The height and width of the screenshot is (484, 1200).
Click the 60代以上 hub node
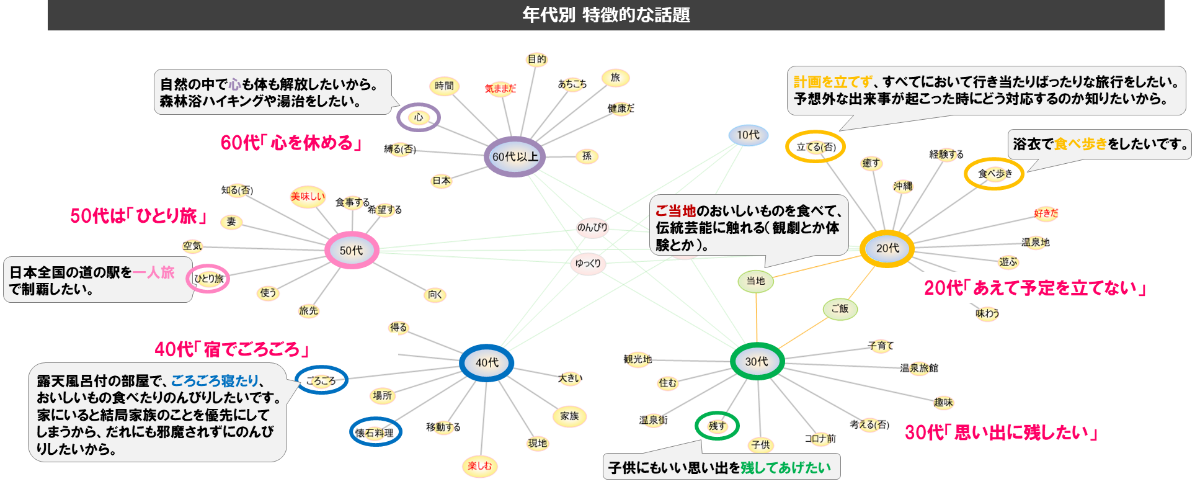tap(515, 157)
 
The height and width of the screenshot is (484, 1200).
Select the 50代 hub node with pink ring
tap(351, 250)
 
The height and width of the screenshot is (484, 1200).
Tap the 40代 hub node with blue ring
tap(487, 362)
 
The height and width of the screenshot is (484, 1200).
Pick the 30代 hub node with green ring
tap(757, 361)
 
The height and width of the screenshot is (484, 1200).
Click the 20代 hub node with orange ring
tap(887, 248)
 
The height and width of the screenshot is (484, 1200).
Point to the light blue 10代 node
tap(748, 135)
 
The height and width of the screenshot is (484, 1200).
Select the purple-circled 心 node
tap(419, 117)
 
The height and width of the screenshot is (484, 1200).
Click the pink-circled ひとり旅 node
tap(208, 279)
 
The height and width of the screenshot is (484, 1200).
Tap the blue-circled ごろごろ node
tap(321, 380)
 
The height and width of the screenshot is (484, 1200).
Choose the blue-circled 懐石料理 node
tap(375, 432)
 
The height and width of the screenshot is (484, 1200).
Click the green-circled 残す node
tap(717, 426)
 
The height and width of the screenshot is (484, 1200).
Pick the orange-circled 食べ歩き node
tap(994, 174)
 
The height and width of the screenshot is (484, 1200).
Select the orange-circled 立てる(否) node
tap(816, 147)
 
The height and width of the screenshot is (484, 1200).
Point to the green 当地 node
tap(755, 281)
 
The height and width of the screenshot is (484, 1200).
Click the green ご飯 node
tap(840, 308)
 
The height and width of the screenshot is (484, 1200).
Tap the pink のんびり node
tap(592, 227)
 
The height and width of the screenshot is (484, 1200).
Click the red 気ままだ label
tap(500, 89)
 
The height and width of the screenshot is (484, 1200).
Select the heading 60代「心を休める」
tap(292, 143)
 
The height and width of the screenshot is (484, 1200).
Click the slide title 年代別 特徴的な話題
tap(606, 15)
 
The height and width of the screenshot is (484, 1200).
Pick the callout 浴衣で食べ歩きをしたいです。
tap(1100, 144)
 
